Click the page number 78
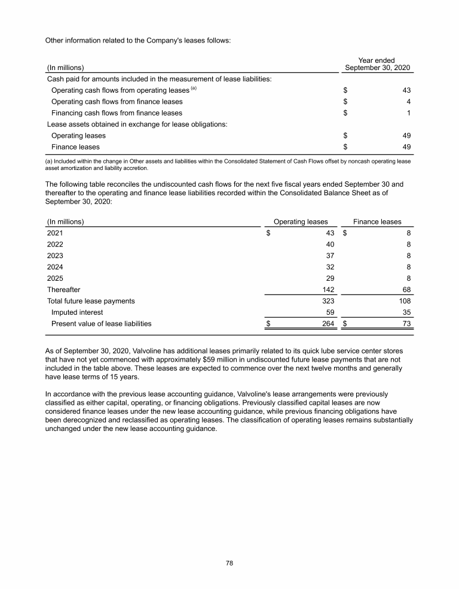229,563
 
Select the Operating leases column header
300,221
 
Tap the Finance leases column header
377,221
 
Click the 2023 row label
54,256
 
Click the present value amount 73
406,324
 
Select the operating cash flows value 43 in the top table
406,90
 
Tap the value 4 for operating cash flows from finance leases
409,101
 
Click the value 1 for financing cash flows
409,113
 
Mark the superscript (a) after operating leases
193,88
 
